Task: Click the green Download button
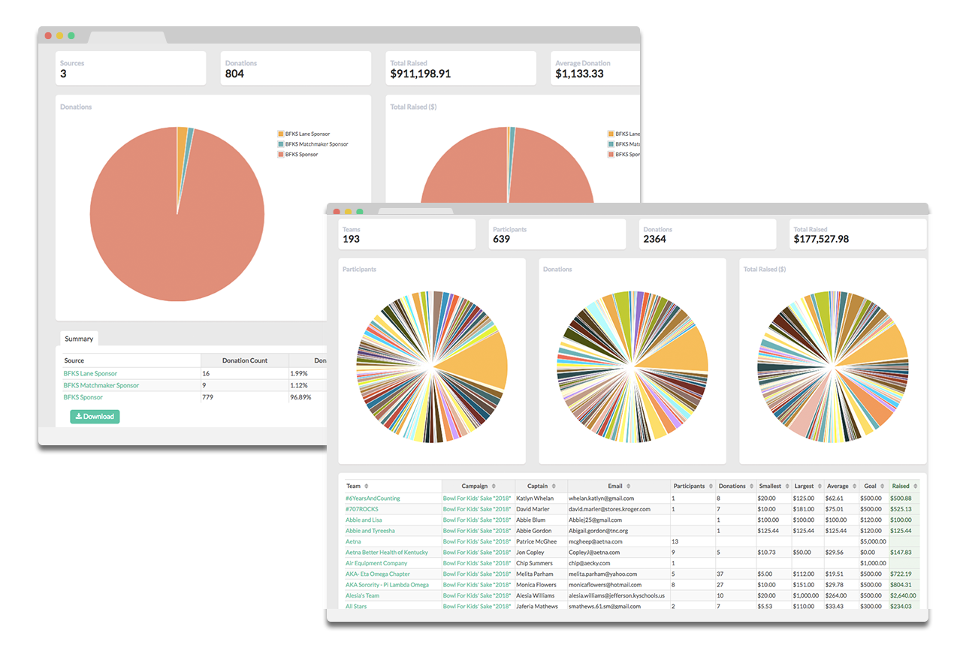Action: [x=95, y=417]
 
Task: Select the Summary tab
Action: [x=79, y=339]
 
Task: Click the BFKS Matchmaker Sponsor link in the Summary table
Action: [x=101, y=385]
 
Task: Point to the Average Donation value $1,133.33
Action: [x=579, y=74]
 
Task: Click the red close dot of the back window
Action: [x=48, y=35]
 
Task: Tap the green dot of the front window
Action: [x=360, y=212]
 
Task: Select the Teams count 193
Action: [x=351, y=240]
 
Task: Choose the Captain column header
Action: [x=537, y=486]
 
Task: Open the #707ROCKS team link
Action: [x=362, y=509]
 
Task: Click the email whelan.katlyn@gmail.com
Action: [x=601, y=499]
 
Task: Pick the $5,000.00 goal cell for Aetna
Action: [x=873, y=541]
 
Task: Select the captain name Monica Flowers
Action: [x=536, y=585]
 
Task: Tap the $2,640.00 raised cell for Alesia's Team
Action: [x=902, y=595]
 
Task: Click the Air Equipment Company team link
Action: [x=376, y=563]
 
